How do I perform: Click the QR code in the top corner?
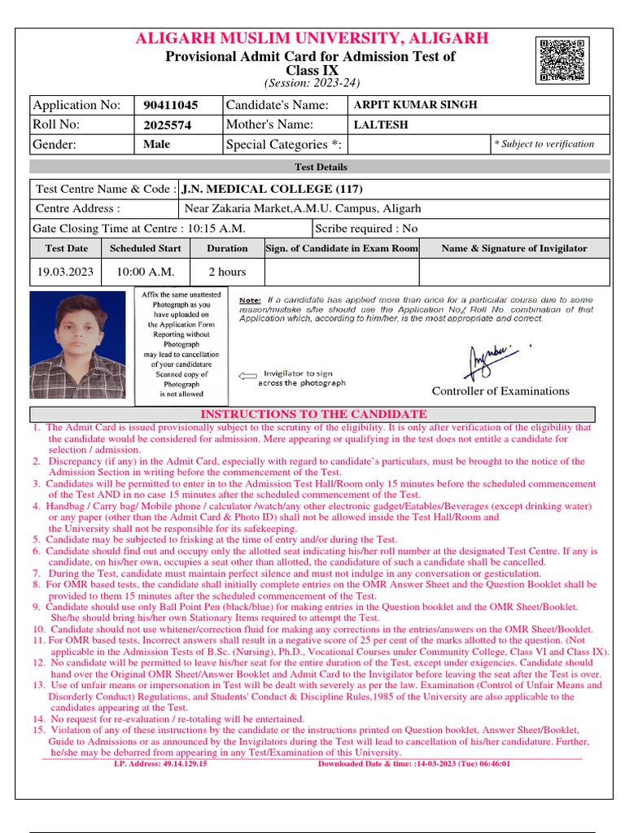[562, 59]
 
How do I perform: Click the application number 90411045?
[170, 105]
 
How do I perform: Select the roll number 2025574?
[167, 125]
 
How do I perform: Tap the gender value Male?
[156, 144]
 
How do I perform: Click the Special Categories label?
[285, 145]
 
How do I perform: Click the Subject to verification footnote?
[544, 144]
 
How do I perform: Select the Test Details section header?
[320, 167]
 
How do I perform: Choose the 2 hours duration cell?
[227, 272]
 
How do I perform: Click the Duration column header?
[227, 248]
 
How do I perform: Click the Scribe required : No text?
[366, 229]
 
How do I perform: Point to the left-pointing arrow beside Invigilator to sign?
[246, 376]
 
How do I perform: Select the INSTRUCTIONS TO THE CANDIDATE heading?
[313, 414]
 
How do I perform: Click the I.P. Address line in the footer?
[160, 764]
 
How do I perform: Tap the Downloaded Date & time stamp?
[414, 764]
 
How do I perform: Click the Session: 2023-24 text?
[312, 83]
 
